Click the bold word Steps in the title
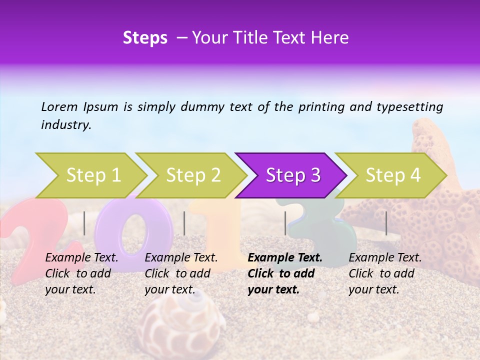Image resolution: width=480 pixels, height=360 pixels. pyautogui.click(x=145, y=38)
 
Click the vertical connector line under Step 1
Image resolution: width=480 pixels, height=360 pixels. pyautogui.click(x=84, y=223)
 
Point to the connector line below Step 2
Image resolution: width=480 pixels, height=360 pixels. pyautogui.click(x=184, y=223)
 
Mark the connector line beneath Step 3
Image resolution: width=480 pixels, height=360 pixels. pyautogui.click(x=285, y=223)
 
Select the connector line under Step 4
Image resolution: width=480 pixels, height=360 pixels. pyautogui.click(x=386, y=223)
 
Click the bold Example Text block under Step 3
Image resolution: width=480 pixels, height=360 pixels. pyautogui.click(x=285, y=273)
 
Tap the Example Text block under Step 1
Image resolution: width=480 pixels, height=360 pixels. pyautogui.click(x=81, y=273)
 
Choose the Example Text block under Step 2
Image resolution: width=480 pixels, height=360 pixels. pyautogui.click(x=181, y=273)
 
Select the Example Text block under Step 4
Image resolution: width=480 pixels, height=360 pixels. pyautogui.click(x=385, y=273)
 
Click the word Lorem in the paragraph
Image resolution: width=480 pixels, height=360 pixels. pyautogui.click(x=59, y=106)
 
